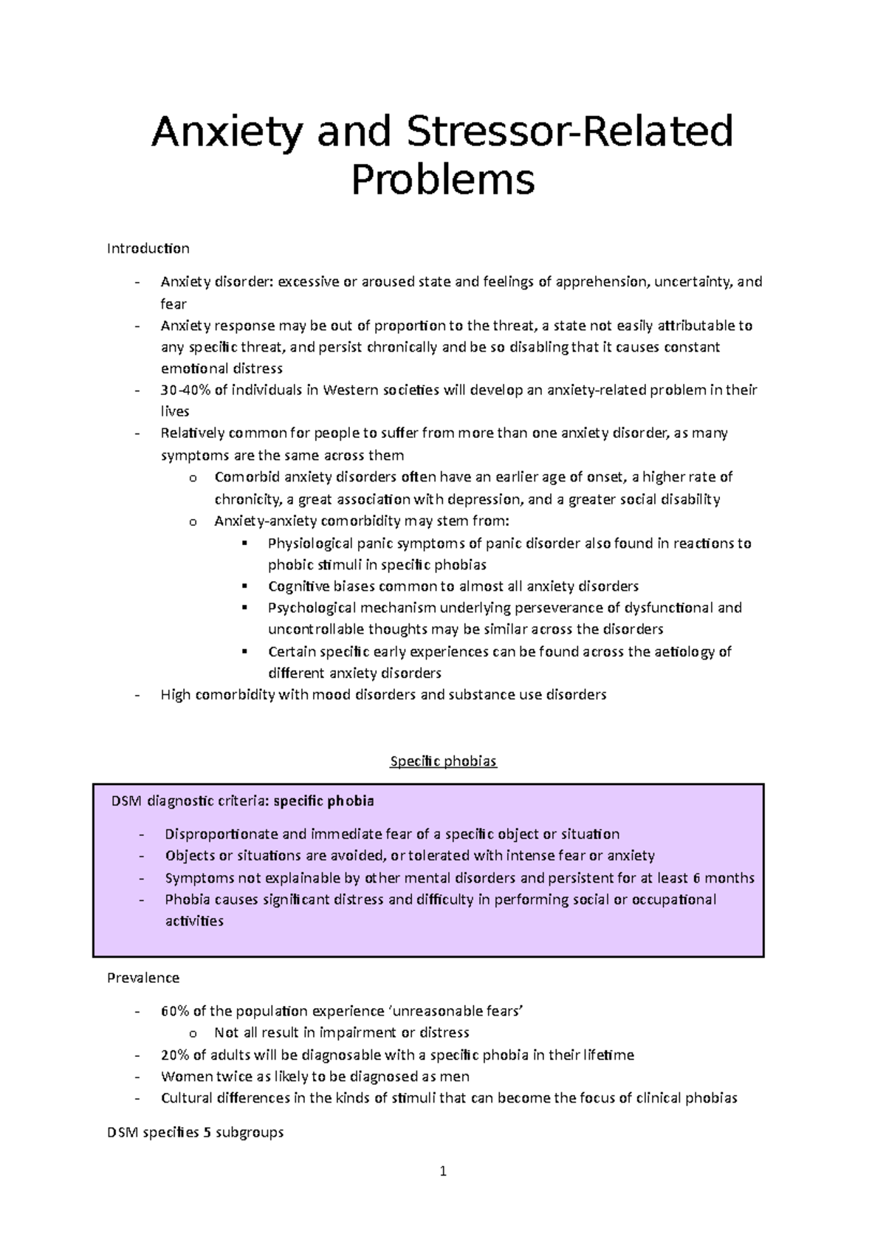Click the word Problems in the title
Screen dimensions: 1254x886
coord(442,179)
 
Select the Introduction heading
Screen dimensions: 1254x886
coord(148,248)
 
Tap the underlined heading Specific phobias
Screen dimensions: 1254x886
coord(443,761)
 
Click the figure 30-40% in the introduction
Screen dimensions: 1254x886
coord(186,390)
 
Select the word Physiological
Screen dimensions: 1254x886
coord(311,544)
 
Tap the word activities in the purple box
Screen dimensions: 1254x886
coord(193,921)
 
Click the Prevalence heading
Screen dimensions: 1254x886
coord(143,978)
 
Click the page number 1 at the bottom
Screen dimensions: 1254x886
coord(443,1171)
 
